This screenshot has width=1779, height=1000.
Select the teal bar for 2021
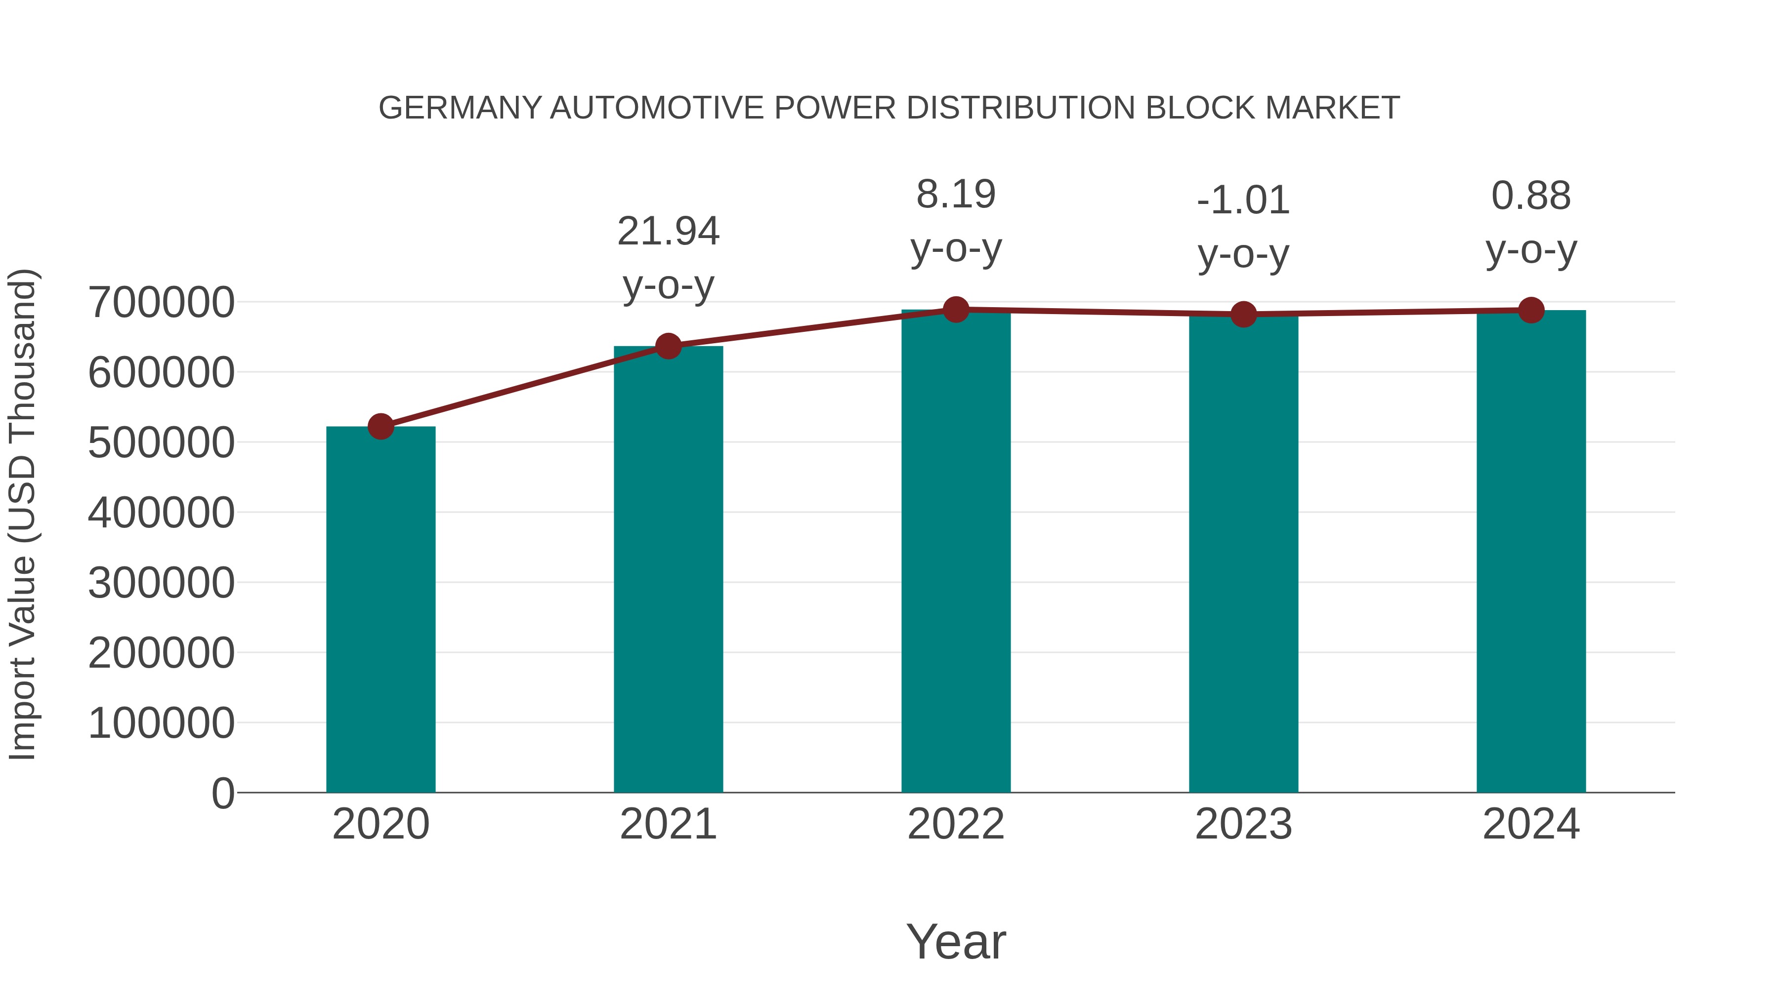click(668, 569)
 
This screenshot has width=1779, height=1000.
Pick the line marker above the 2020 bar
click(381, 427)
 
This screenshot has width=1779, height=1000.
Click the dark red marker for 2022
click(956, 310)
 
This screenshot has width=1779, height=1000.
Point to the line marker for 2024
click(1531, 311)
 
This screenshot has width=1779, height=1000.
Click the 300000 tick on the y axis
click(161, 583)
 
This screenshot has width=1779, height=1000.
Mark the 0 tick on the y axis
click(222, 793)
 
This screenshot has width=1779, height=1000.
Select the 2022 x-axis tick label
click(956, 824)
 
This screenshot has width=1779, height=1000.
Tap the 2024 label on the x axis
click(1531, 824)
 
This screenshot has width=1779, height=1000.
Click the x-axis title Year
click(956, 941)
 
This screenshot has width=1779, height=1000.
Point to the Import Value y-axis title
click(22, 514)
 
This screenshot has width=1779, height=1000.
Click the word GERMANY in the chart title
click(460, 108)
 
